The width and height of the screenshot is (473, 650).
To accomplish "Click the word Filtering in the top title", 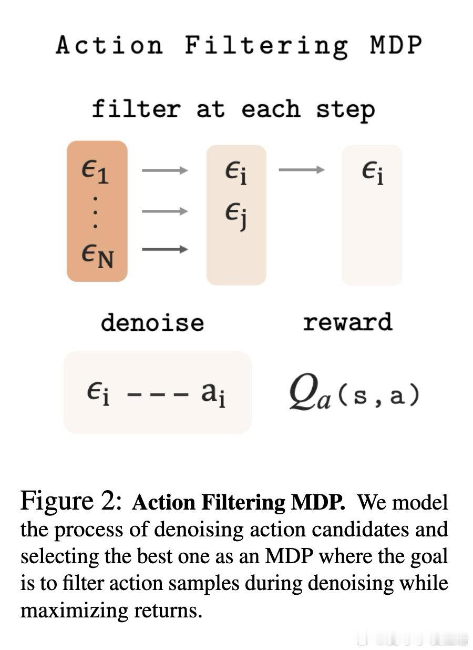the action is click(x=266, y=46).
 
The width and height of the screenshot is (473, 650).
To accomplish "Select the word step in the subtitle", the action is click(x=345, y=110).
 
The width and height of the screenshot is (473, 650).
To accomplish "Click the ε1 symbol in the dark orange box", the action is click(x=95, y=172).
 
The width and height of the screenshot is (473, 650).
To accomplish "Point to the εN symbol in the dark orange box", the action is click(x=97, y=256).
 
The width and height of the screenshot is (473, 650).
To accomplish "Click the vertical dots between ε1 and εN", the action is click(x=96, y=212).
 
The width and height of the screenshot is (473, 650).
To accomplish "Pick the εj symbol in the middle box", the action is click(x=236, y=216).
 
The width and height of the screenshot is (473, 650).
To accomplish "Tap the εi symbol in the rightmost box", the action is click(x=373, y=173).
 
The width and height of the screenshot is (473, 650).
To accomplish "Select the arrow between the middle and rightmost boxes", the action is click(x=302, y=170).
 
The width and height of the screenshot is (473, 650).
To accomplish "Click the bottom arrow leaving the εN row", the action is click(x=164, y=249).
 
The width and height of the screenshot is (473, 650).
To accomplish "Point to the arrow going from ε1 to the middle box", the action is click(x=164, y=170).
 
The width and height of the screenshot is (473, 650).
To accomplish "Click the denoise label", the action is click(x=152, y=322).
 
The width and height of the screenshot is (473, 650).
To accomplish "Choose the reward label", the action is click(x=348, y=322).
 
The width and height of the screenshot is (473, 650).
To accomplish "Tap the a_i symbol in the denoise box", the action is click(x=213, y=394).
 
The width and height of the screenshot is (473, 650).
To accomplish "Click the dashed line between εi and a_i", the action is click(x=158, y=394).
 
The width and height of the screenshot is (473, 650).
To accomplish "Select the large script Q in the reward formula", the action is click(x=303, y=392).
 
